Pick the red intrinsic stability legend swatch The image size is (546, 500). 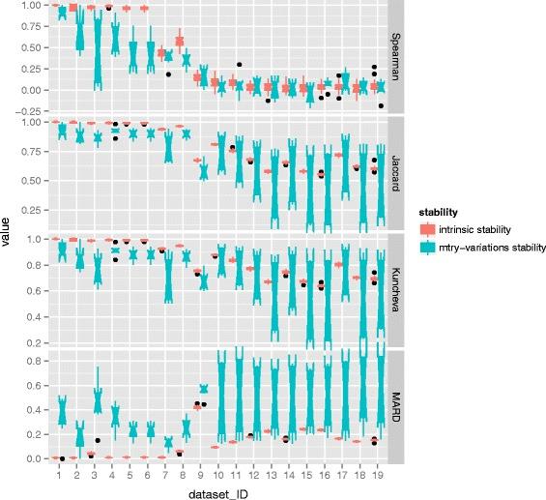point(426,227)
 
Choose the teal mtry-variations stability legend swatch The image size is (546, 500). point(426,247)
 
